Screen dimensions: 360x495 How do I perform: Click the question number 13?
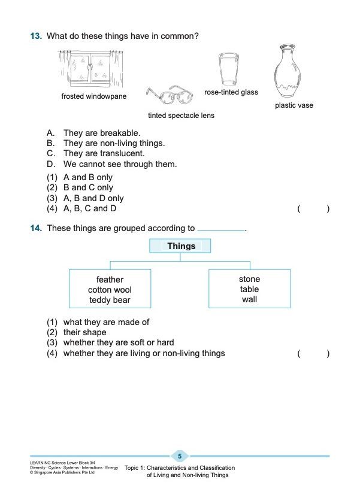pos(36,37)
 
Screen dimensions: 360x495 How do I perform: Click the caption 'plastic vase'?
pos(294,106)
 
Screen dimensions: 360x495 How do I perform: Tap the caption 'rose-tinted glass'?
pos(231,93)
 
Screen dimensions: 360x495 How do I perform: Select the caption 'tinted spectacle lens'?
pos(181,116)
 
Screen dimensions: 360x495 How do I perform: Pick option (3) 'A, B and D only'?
pos(93,198)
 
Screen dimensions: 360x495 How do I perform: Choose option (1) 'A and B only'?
pos(87,178)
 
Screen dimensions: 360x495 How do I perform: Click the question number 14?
pos(36,228)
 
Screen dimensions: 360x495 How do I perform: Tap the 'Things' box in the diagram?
pos(181,246)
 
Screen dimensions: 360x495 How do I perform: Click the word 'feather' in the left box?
pos(110,280)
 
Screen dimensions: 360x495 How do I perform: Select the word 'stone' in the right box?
pos(249,279)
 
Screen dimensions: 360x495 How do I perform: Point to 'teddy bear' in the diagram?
pos(110,300)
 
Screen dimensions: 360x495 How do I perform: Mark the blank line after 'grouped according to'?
pos(221,229)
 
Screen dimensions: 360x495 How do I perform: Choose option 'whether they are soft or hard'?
pos(118,343)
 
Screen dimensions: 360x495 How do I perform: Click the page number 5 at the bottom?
pos(180,456)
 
